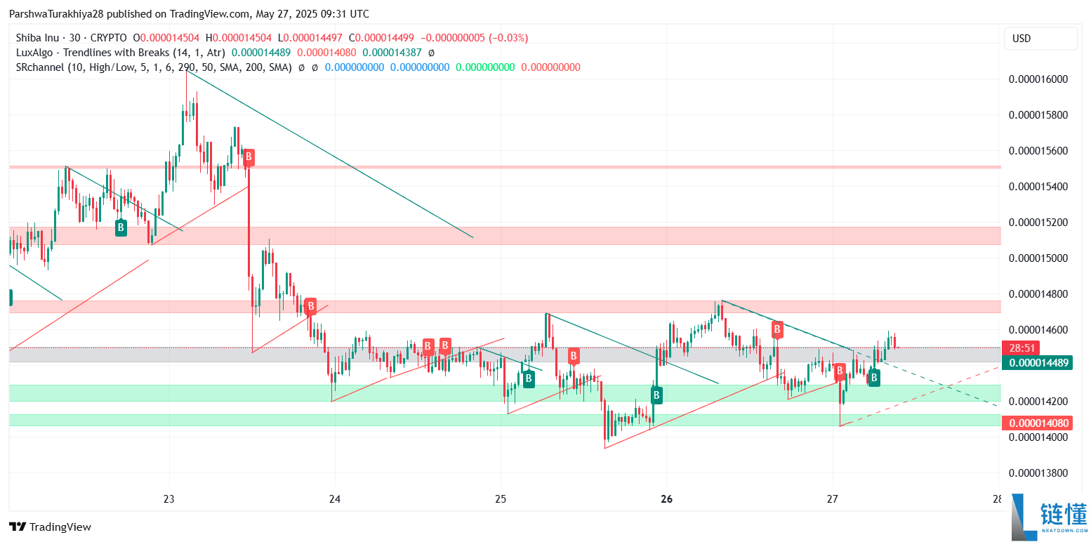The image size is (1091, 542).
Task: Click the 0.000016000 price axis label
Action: (x=1038, y=79)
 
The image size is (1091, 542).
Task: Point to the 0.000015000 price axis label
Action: (x=1038, y=258)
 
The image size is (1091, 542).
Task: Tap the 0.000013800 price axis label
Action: (x=1038, y=472)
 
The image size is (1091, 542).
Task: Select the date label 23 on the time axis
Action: (x=168, y=499)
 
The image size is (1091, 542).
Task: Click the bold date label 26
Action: (x=667, y=499)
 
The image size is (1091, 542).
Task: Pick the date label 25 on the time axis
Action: (x=501, y=499)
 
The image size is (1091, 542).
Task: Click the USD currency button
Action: (x=1021, y=39)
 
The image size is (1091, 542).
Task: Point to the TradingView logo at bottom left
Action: (x=50, y=527)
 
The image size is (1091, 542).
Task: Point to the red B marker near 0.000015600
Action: (x=248, y=157)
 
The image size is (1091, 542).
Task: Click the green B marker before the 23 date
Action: (x=121, y=227)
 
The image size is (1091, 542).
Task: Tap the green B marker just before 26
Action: (x=656, y=395)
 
